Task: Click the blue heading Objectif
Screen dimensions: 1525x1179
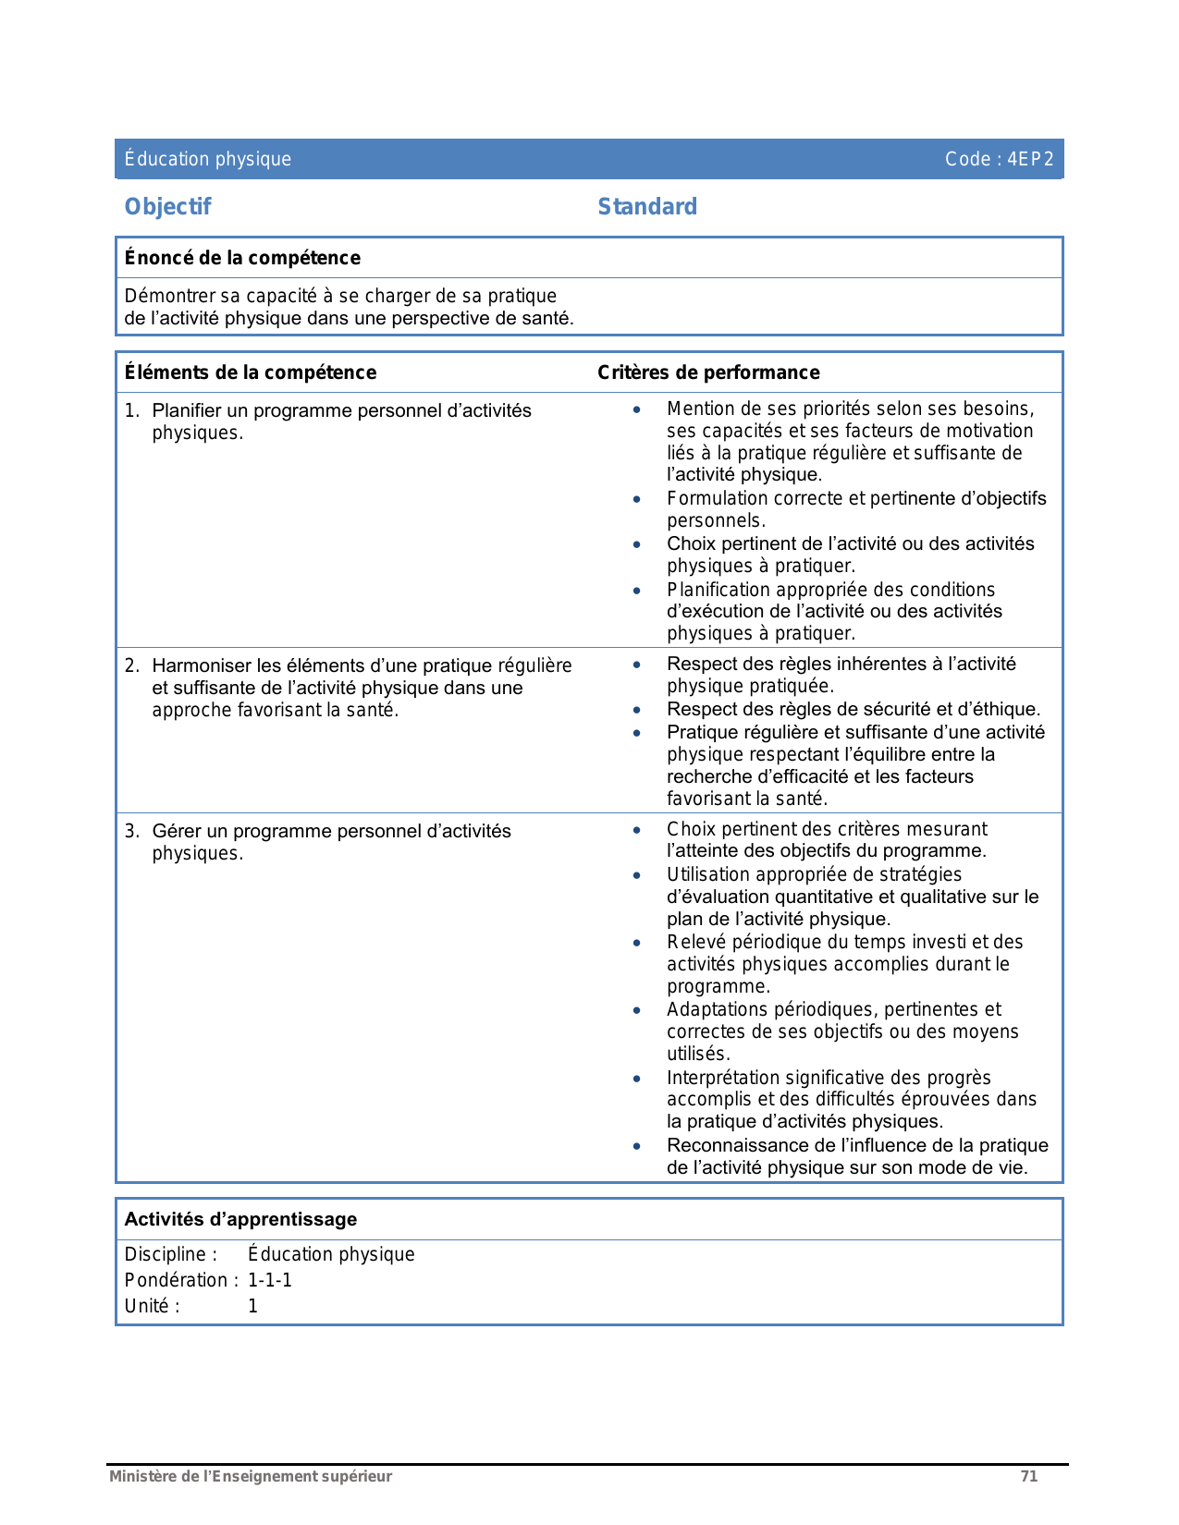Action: [167, 207]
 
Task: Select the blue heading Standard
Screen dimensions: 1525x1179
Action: [647, 207]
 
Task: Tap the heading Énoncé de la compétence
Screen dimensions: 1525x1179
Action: [242, 258]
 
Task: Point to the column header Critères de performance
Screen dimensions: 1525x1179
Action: [708, 372]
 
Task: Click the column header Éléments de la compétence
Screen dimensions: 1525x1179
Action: [251, 372]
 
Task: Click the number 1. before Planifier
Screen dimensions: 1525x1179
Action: [132, 410]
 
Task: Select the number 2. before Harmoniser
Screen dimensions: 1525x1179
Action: [132, 665]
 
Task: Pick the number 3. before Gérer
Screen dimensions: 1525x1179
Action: [132, 831]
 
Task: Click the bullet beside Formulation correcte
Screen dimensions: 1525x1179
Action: [637, 499]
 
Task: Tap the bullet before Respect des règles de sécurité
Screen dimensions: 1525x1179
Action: [637, 710]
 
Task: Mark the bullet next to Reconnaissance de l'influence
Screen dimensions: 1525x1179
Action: [637, 1146]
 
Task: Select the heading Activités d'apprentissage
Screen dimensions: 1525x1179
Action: [240, 1219]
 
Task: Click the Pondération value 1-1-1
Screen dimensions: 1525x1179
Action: [270, 1280]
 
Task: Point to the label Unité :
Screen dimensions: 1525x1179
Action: [152, 1306]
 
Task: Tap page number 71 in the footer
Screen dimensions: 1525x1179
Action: [1028, 1476]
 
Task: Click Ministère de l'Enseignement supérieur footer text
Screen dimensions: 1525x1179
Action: [251, 1476]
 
